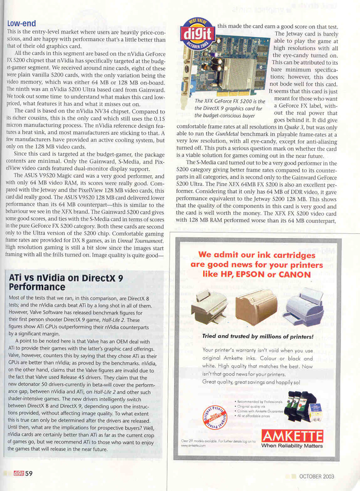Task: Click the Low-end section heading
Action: [x=21, y=23]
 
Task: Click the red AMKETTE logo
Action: [x=292, y=437]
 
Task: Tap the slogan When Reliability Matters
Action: [x=292, y=446]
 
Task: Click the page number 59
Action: [x=29, y=474]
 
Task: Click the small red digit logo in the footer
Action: [x=19, y=474]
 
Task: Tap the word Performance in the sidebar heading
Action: [x=38, y=287]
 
